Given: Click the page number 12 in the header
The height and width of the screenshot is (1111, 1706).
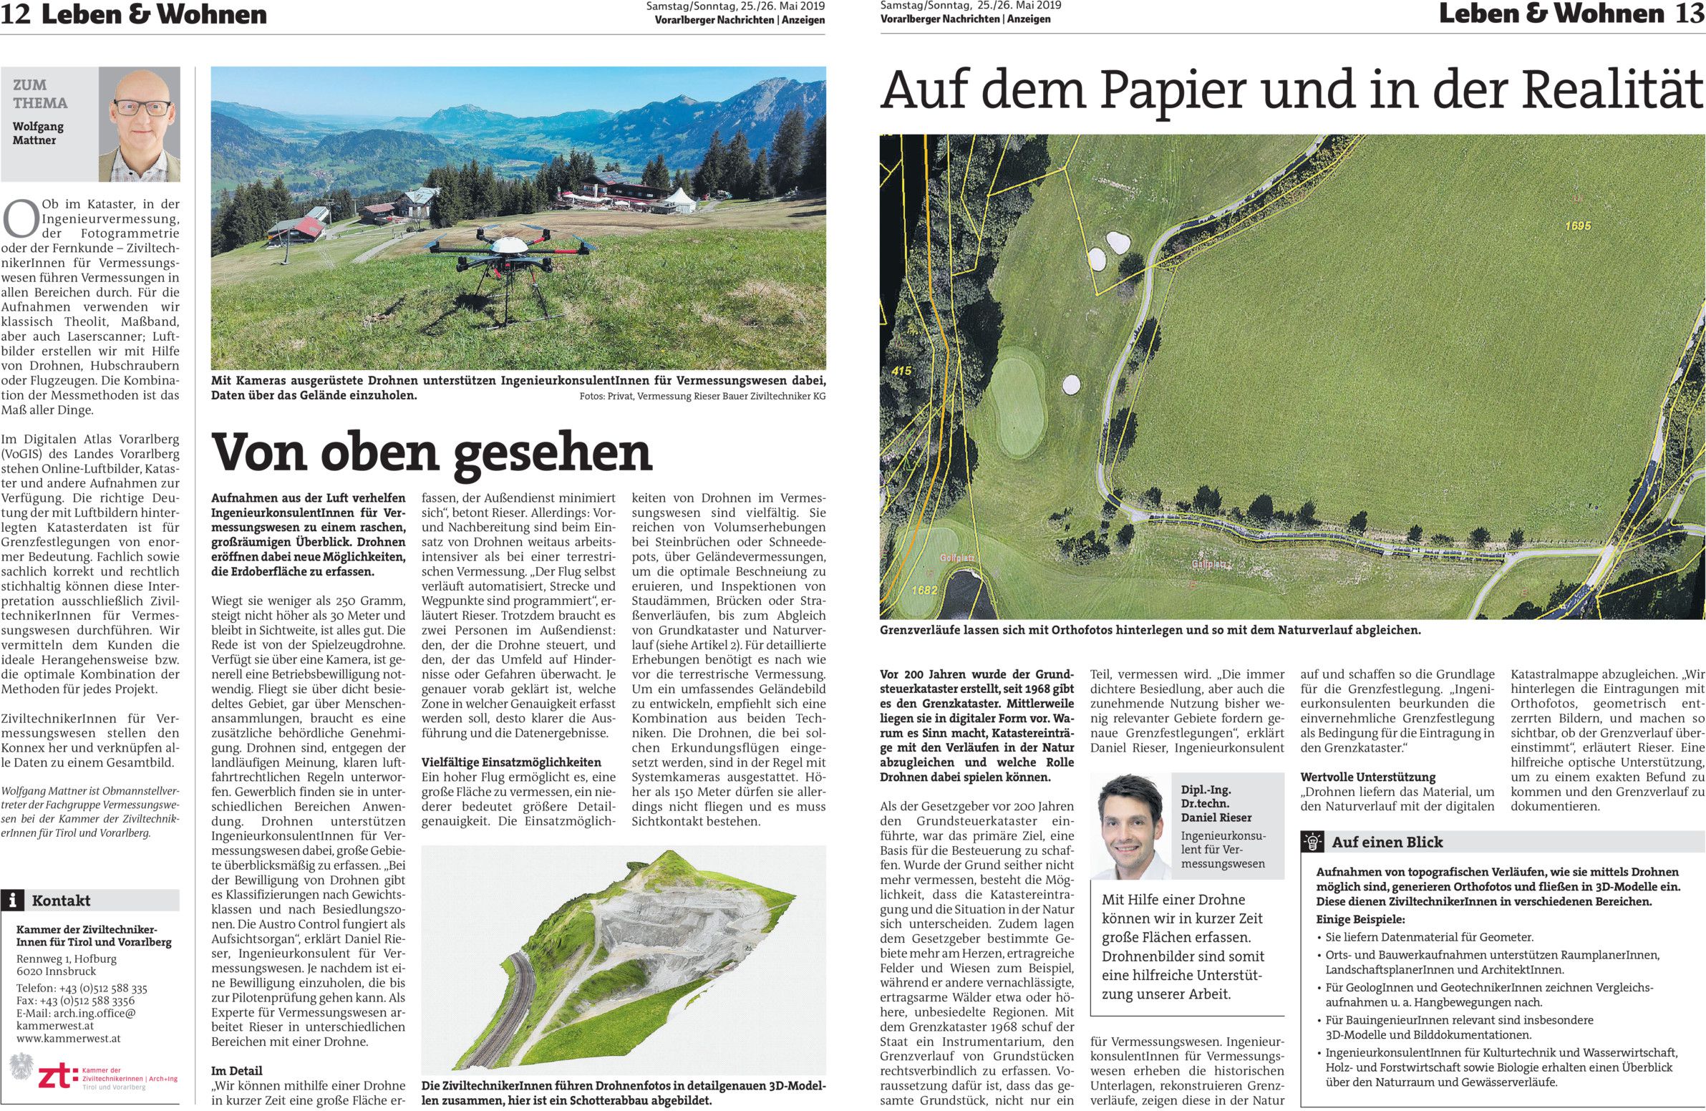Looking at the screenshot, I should coord(16,14).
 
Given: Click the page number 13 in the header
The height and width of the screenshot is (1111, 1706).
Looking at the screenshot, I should coord(1690,14).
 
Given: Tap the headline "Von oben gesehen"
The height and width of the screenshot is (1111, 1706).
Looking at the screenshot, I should coord(432,452).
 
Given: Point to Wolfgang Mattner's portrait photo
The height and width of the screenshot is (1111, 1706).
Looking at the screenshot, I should coord(139,124).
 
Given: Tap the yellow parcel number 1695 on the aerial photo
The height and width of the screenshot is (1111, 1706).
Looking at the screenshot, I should coord(1578,225).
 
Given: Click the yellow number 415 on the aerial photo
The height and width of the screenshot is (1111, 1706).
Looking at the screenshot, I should coord(902,372).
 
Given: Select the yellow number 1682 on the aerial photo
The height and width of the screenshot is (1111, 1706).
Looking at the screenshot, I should coord(925,591).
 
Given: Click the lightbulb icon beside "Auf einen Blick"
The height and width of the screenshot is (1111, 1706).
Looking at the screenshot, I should coord(1313,843).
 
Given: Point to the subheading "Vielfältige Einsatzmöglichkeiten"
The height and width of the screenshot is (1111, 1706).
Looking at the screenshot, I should coord(511,762).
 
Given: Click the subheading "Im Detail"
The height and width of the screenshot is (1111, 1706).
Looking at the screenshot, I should coord(236,1071).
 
